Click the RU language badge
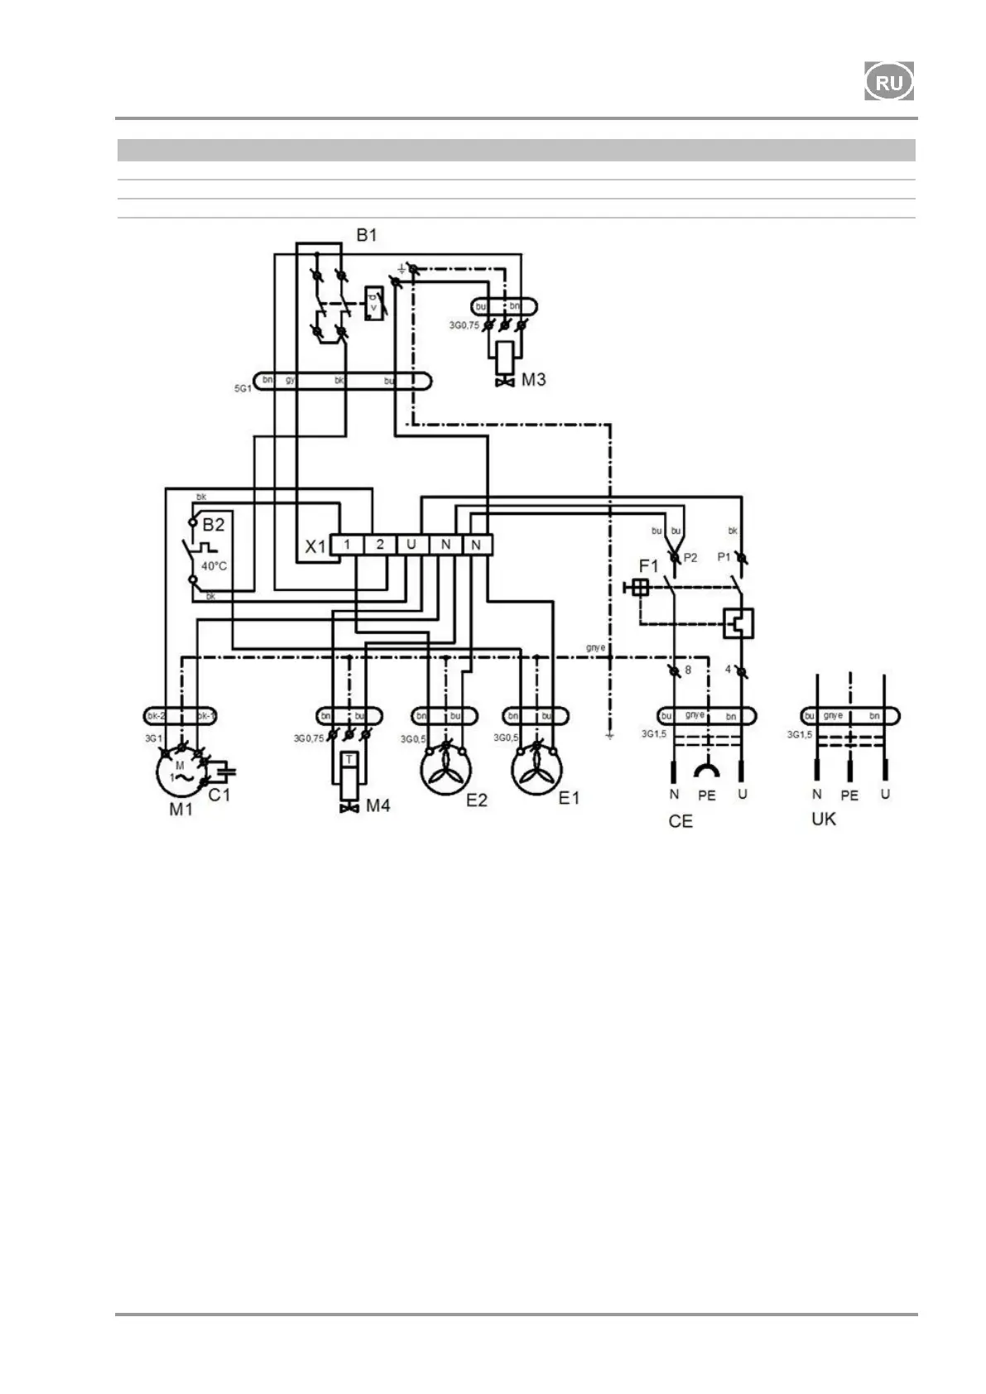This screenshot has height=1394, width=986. click(889, 81)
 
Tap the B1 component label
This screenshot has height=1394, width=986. click(367, 235)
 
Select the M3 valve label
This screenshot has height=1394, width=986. click(534, 380)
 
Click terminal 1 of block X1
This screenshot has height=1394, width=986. click(348, 544)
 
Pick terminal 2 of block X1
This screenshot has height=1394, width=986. click(380, 544)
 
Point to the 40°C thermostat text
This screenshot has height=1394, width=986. click(213, 566)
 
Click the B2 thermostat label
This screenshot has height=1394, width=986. click(214, 525)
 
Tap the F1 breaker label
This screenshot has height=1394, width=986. click(648, 566)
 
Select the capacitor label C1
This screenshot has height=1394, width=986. click(219, 796)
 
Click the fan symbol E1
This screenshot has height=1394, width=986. click(537, 770)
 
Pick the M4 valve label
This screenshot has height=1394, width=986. click(378, 805)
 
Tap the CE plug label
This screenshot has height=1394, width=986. click(681, 821)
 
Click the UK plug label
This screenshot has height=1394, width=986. click(824, 819)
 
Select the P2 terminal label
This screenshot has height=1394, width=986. click(690, 558)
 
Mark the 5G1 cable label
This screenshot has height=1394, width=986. click(242, 387)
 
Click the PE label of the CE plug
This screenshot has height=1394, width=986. click(706, 796)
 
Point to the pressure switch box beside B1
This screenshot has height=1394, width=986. click(374, 304)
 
